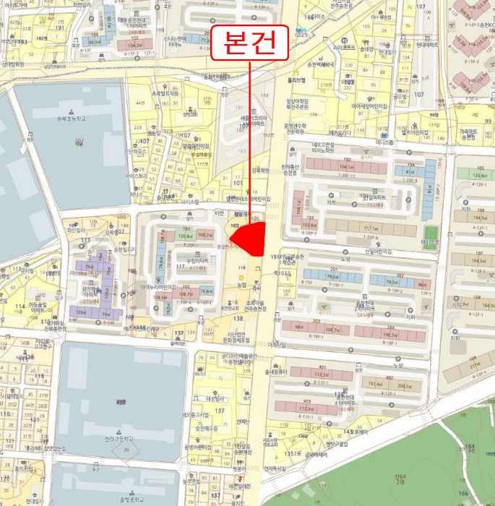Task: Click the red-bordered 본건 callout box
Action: pyautogui.click(x=249, y=44)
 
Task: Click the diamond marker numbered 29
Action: pyautogui.click(x=126, y=450)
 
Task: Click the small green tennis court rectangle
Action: pyautogui.click(x=431, y=236)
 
